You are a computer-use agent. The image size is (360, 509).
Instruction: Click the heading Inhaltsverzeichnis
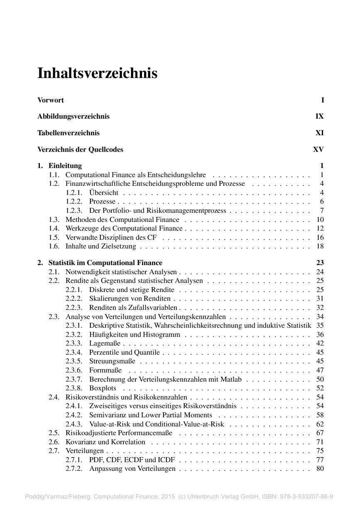point(98,73)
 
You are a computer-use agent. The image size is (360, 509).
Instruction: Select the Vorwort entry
point(51,100)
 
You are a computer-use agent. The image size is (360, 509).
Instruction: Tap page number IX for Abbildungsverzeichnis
point(319,117)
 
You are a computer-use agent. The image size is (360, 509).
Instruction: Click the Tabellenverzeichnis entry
point(69,133)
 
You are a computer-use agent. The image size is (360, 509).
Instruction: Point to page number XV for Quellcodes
point(318,150)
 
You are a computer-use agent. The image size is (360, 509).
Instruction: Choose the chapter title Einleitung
point(65,166)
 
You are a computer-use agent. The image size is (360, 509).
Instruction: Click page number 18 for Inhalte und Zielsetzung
point(320,246)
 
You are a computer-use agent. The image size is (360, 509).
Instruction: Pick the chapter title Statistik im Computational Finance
point(105,263)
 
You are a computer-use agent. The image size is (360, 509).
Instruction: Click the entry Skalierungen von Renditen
point(130,299)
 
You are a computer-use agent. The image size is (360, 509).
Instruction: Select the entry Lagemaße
point(105,343)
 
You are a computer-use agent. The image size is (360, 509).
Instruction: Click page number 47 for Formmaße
point(320,370)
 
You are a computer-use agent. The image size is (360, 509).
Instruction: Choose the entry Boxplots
point(103,388)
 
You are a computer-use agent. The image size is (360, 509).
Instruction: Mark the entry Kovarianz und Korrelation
point(105,442)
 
